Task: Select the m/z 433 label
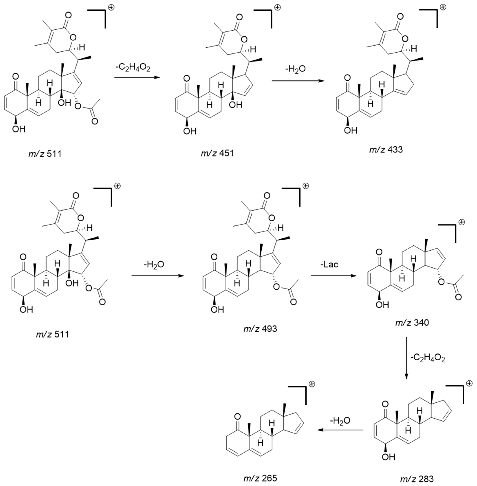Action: pyautogui.click(x=386, y=150)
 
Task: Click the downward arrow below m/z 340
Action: pyautogui.click(x=406, y=358)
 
